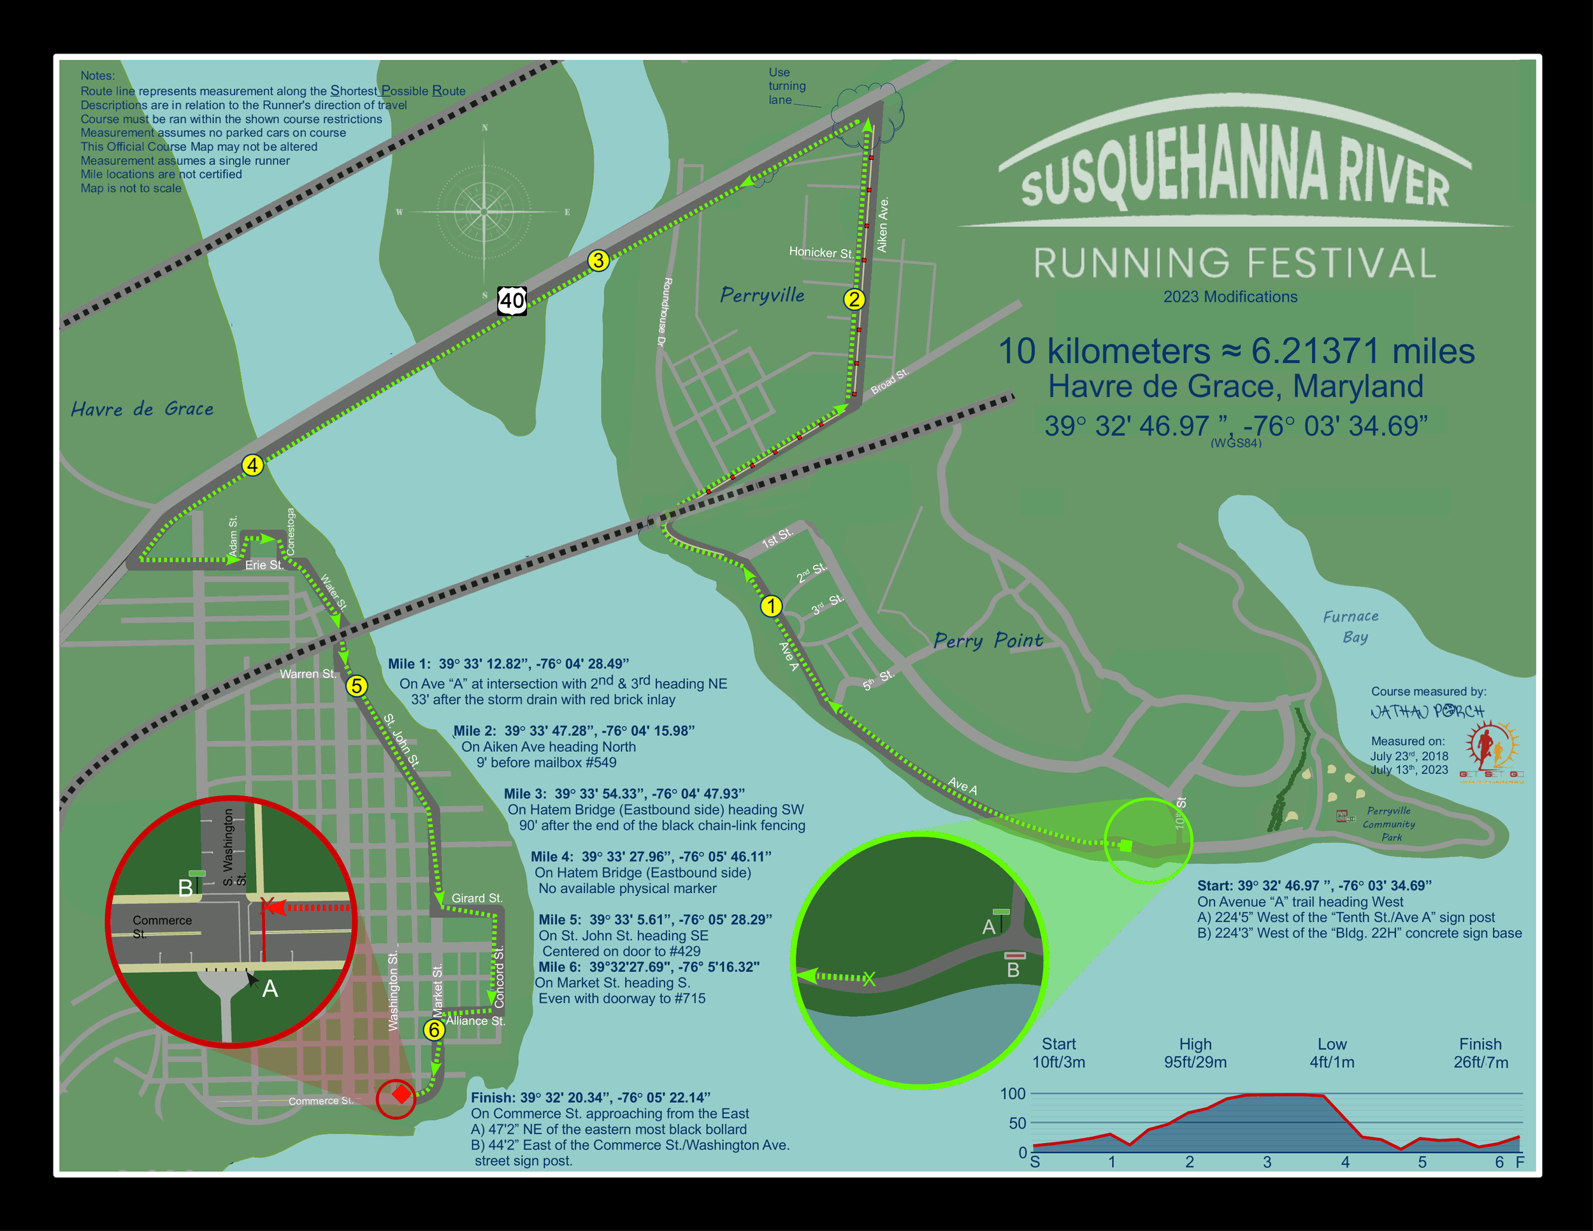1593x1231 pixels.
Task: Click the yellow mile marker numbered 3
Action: coord(598,261)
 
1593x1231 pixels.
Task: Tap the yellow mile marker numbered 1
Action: coord(771,606)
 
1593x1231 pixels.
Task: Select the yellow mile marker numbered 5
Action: coord(356,686)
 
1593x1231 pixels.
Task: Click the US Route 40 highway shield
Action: coord(512,301)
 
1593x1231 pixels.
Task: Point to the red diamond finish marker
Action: coord(400,1094)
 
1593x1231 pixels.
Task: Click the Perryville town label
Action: coord(762,296)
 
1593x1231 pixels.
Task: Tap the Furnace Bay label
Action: coord(1351,626)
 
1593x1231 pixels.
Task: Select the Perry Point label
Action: coord(988,640)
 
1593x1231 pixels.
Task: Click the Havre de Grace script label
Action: coord(142,409)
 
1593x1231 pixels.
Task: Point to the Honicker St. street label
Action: coord(821,252)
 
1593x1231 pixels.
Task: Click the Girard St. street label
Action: coord(476,898)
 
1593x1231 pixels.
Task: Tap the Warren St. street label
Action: coord(308,674)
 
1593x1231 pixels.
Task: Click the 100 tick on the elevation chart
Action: coord(1013,1093)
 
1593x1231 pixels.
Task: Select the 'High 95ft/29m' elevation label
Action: coord(1195,1053)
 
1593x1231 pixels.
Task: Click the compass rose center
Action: coord(485,212)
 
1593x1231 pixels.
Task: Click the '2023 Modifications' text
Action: coord(1230,297)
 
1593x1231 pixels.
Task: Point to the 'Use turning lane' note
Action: coord(786,86)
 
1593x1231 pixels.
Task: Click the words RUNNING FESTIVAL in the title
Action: coord(1234,263)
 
